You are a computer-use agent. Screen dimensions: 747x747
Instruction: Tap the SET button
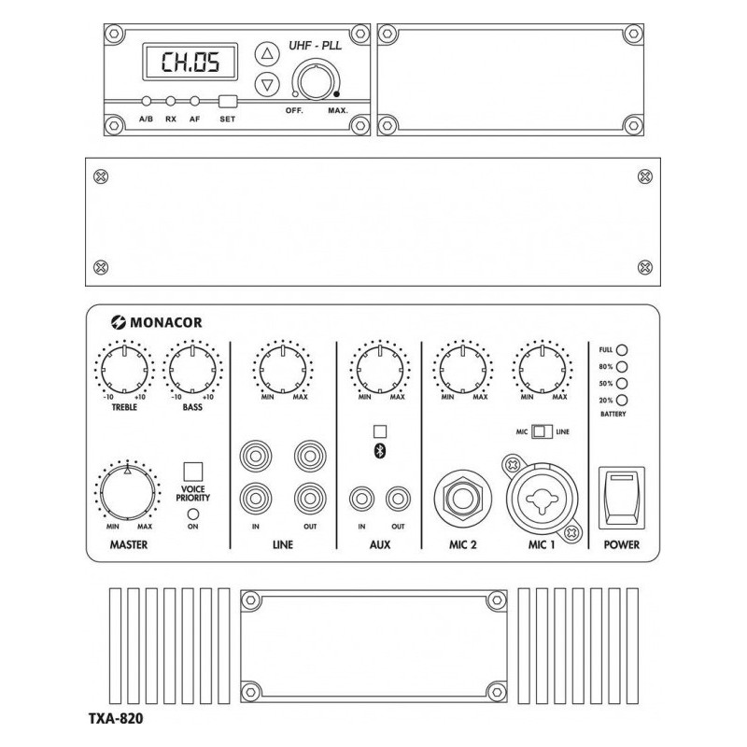[x=227, y=102]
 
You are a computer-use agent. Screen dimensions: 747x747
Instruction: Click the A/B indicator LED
[x=147, y=102]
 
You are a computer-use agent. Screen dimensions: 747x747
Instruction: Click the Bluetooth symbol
[x=379, y=450]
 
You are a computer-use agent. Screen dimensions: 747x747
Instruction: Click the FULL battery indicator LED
[x=621, y=350]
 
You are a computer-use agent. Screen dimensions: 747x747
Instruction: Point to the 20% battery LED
[x=621, y=400]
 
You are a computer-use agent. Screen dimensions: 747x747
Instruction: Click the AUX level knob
[x=379, y=367]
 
